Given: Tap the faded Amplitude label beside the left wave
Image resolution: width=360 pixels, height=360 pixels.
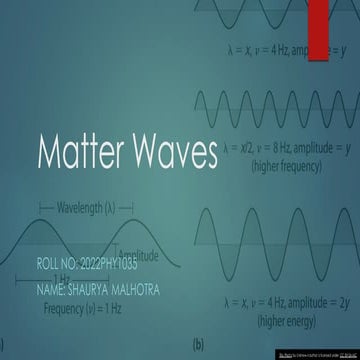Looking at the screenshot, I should tap(139, 256).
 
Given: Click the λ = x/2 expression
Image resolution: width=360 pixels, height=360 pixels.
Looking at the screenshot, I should tap(239, 148).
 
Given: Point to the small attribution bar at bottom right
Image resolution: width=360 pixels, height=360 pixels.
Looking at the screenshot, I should tap(317, 354).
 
